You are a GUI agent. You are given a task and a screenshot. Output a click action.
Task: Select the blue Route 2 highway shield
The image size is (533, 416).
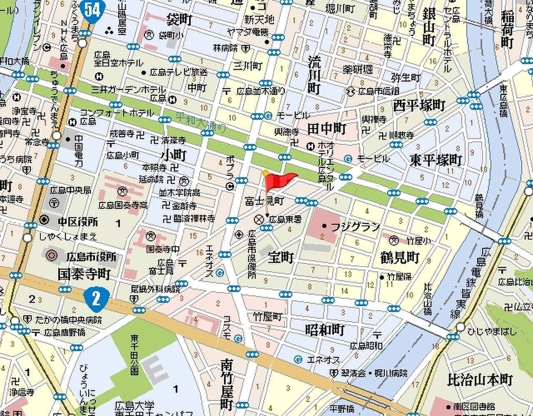click(95, 298)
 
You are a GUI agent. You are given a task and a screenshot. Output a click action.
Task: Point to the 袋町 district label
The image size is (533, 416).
click(179, 20)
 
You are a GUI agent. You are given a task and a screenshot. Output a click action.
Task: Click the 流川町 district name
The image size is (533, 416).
click(313, 75)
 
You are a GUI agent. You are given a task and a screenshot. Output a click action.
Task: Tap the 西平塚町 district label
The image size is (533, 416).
click(419, 106)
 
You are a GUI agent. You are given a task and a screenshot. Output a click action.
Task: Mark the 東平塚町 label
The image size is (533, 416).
click(435, 159)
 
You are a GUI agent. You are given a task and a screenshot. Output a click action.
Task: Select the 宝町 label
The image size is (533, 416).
click(281, 257)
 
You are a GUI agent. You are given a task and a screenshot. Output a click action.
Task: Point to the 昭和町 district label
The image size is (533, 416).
click(325, 330)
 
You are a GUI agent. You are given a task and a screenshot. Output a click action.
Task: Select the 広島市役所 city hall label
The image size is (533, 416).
click(91, 257)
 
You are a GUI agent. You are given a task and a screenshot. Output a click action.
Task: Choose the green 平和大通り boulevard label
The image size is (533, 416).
click(200, 121)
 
